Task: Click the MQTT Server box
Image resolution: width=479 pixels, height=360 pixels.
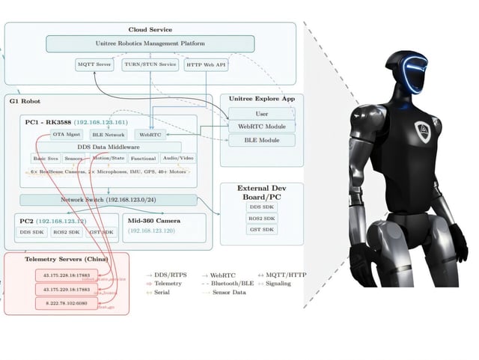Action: click(94, 65)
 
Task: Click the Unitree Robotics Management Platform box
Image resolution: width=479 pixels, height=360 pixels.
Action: click(151, 43)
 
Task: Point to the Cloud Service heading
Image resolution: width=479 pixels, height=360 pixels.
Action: click(150, 29)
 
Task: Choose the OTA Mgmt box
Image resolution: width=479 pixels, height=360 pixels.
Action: click(66, 135)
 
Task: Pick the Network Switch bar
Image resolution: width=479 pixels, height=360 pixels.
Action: click(109, 200)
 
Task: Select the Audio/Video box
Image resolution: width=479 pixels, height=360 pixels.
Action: click(178, 158)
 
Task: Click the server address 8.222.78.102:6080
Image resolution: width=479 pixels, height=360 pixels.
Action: click(63, 303)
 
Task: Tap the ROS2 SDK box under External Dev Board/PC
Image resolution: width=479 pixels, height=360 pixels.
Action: click(261, 218)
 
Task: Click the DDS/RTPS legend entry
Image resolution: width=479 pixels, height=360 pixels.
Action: click(169, 276)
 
